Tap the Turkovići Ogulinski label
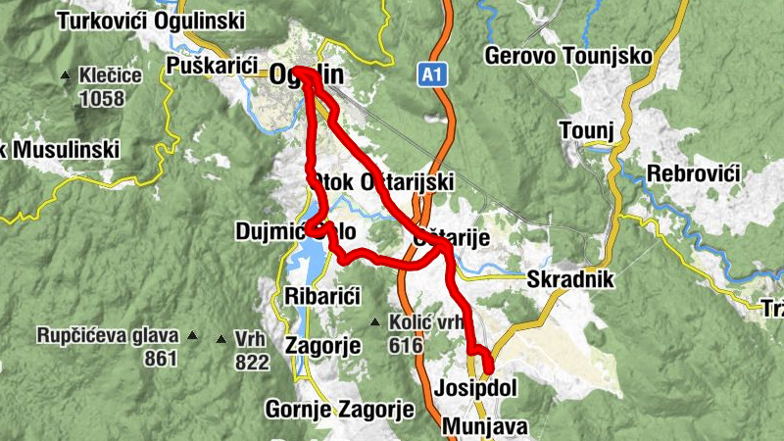click(152, 20)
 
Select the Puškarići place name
click(212, 67)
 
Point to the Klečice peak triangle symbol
click(66, 74)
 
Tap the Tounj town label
click(585, 130)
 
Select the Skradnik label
click(569, 279)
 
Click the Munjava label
click(484, 426)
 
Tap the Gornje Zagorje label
click(340, 409)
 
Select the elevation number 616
click(405, 346)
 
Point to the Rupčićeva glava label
click(108, 336)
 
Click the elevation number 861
click(160, 359)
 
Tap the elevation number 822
click(252, 363)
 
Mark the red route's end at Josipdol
click(488, 369)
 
